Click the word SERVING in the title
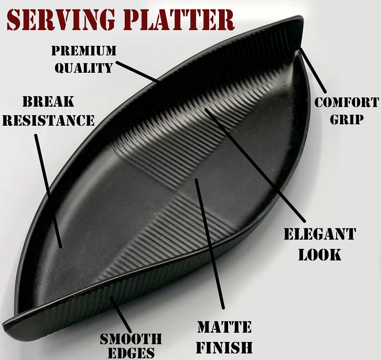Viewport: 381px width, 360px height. (x=61, y=20)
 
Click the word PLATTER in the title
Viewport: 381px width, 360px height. (x=179, y=20)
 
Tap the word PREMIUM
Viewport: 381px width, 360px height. (x=84, y=50)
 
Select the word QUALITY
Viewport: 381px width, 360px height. (x=84, y=68)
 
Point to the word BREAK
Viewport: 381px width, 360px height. (x=49, y=101)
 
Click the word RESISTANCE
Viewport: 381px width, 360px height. (x=49, y=120)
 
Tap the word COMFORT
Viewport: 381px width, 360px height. (x=347, y=102)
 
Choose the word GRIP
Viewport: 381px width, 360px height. (x=347, y=119)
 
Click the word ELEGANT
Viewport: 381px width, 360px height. (x=320, y=234)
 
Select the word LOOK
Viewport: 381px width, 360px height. (x=320, y=255)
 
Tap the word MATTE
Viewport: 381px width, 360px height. (x=224, y=327)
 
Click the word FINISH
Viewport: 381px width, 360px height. (x=224, y=347)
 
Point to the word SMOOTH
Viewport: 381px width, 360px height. (x=131, y=339)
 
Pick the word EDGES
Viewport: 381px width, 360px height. (x=131, y=353)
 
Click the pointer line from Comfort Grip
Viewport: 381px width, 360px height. (x=313, y=70)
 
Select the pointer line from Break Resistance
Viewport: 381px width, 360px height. (x=48, y=191)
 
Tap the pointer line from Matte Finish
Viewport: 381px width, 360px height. (x=210, y=244)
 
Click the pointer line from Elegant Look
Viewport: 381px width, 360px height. (x=255, y=165)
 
